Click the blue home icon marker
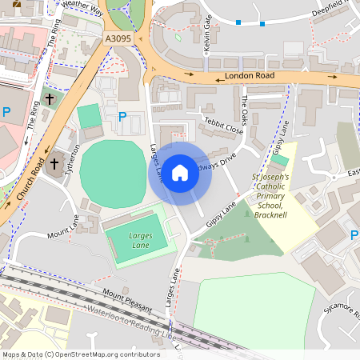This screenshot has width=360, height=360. click(180, 172)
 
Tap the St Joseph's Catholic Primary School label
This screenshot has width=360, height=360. click(275, 196)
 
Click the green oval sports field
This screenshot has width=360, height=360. click(115, 165)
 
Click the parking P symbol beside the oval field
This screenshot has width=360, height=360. click(122, 117)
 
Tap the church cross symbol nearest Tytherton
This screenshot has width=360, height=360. click(54, 166)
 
